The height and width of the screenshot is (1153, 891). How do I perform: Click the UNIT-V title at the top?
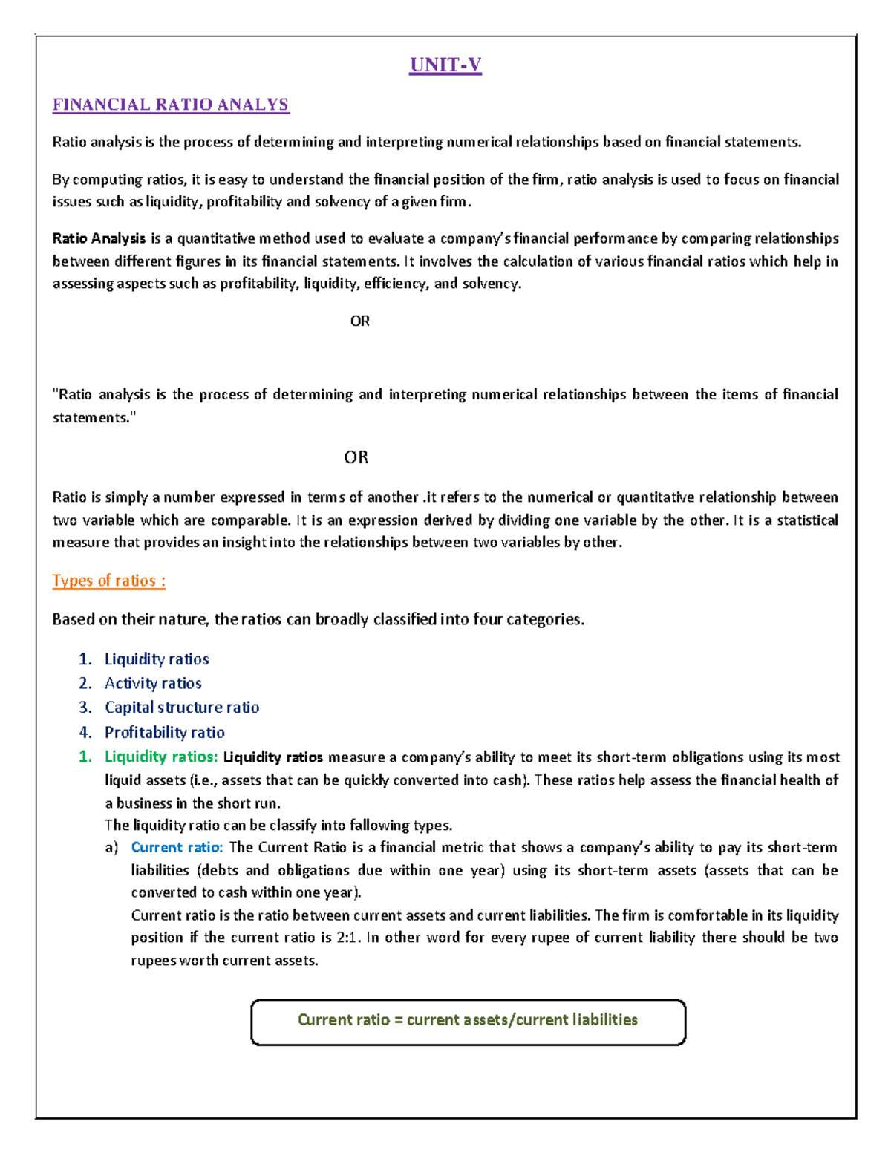pos(446,65)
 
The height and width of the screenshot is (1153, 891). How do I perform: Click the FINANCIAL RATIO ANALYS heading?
pos(170,105)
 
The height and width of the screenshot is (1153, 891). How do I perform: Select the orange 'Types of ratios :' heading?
pos(108,581)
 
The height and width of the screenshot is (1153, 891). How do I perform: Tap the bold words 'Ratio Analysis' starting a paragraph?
pos(99,238)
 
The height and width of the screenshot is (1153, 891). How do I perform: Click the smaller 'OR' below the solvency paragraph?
pos(359,321)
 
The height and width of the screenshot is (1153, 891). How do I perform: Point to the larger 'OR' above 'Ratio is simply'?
pos(356,457)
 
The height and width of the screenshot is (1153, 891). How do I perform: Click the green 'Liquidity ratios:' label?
pos(161,757)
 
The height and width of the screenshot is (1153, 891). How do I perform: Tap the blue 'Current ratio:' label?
pos(177,848)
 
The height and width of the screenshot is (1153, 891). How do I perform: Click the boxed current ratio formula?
pos(468,1021)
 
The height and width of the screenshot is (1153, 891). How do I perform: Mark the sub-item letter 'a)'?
pos(111,848)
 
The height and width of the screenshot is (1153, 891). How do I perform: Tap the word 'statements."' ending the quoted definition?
pos(94,418)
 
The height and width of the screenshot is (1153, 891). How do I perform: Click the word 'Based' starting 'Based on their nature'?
pos(73,619)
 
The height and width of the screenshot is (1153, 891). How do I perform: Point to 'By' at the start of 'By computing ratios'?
pos(60,180)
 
